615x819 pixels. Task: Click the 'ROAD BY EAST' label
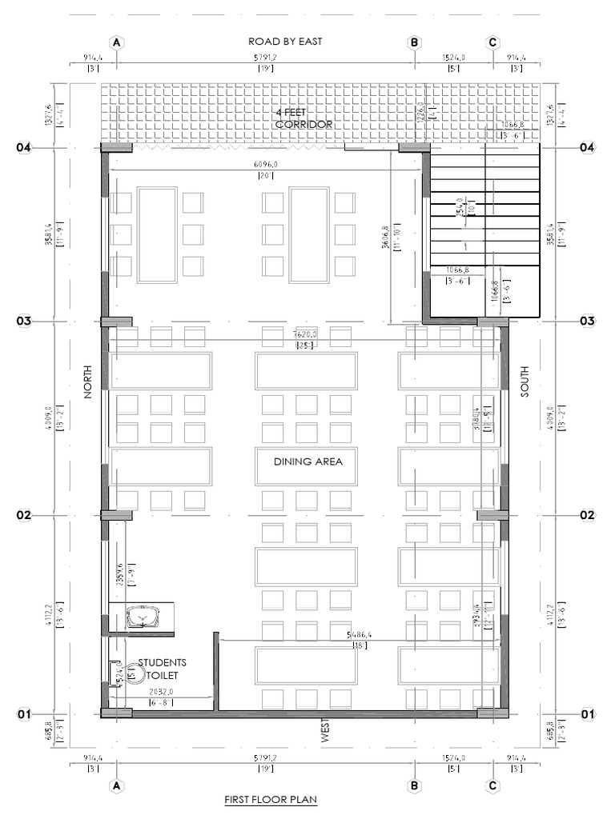285,42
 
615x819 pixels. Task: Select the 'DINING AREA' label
307,461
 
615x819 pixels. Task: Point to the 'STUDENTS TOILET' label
163,669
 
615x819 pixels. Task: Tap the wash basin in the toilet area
144,617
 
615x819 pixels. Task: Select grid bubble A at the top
117,42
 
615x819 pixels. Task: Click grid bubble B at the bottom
414,785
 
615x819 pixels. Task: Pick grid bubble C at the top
492,42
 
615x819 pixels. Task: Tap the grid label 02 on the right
587,516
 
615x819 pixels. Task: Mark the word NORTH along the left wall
87,382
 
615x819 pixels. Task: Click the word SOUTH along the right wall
525,382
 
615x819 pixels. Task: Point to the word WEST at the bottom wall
326,731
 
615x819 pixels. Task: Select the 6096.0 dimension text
265,165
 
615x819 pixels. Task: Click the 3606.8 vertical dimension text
385,238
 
